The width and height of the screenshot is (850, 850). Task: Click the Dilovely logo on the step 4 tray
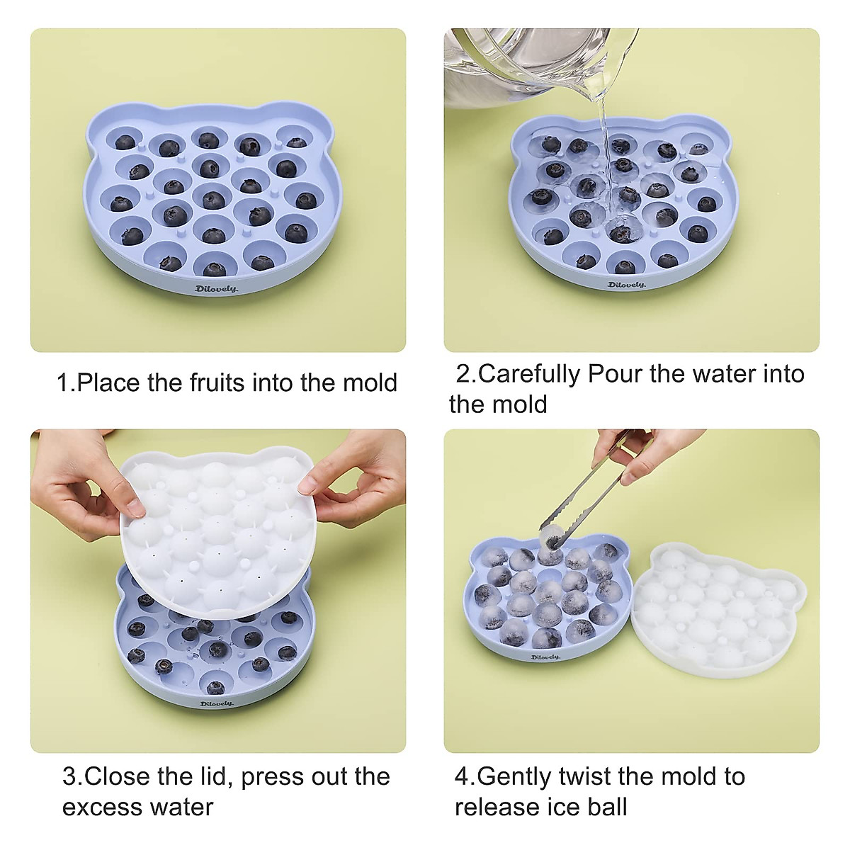545,657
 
